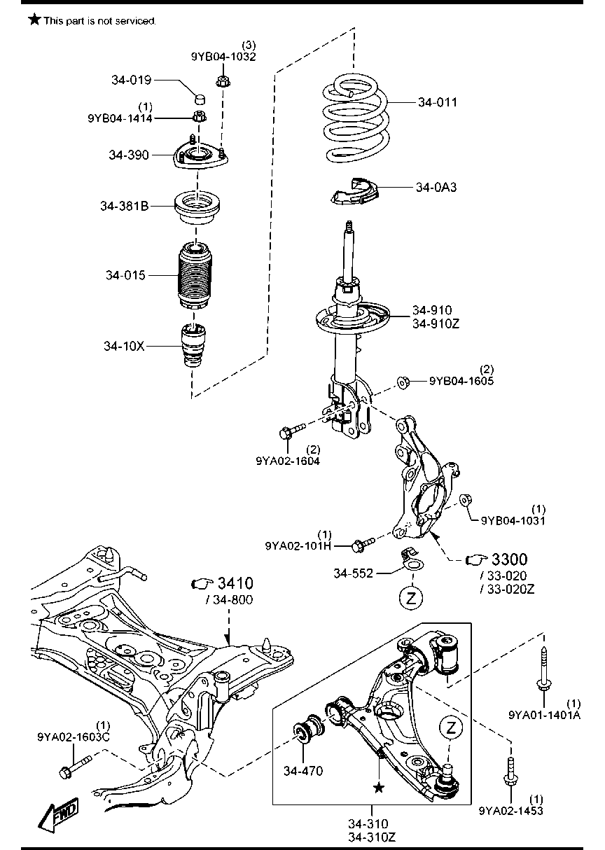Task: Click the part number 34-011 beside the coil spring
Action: pyautogui.click(x=437, y=102)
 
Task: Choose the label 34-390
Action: pyautogui.click(x=129, y=155)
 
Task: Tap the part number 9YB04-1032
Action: pyautogui.click(x=223, y=57)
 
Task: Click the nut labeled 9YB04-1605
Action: pyautogui.click(x=403, y=382)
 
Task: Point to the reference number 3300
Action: pyautogui.click(x=509, y=559)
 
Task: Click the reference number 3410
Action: pyautogui.click(x=235, y=584)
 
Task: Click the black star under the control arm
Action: pyautogui.click(x=379, y=788)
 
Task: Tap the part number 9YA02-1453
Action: pyautogui.click(x=511, y=811)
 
